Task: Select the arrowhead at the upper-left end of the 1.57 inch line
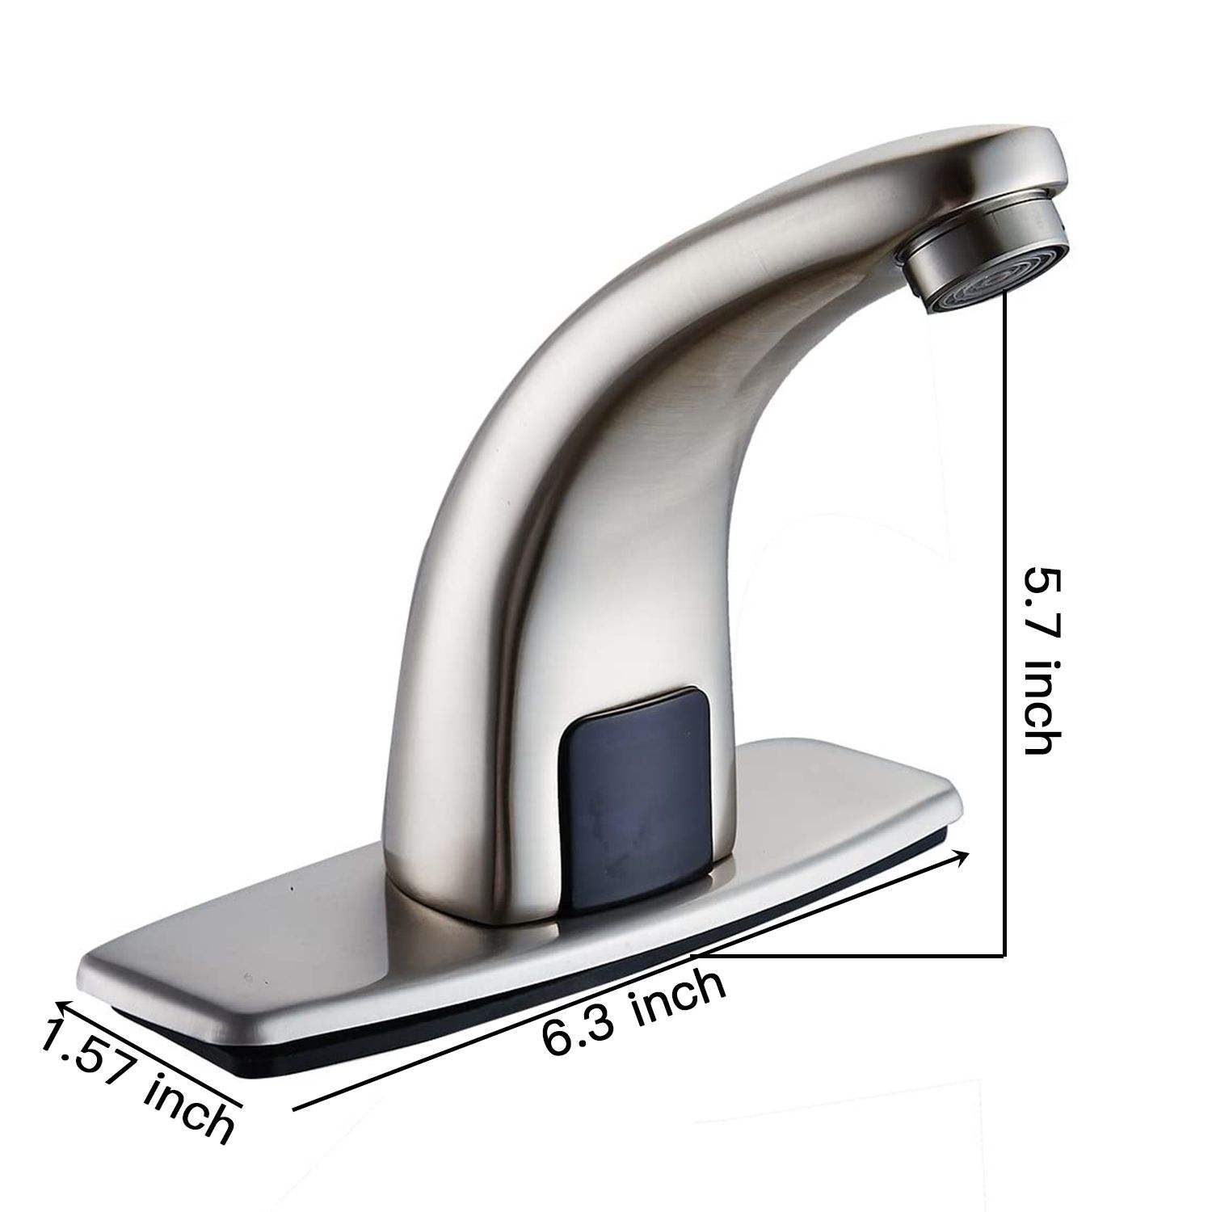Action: [61, 1004]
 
